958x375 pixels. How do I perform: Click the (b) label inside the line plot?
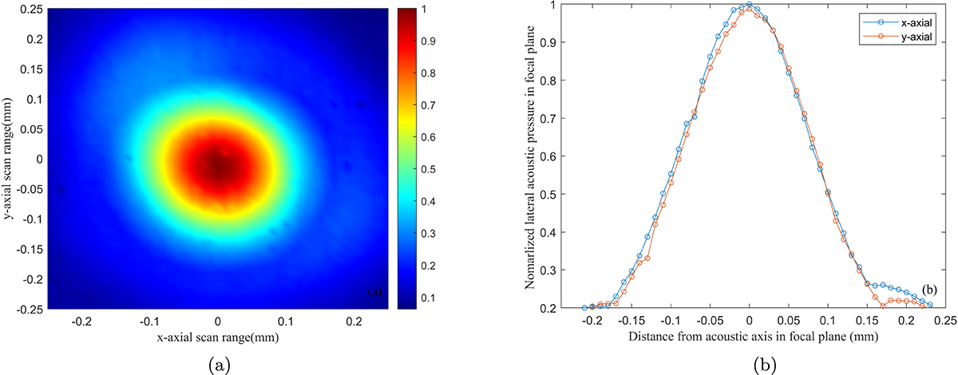tap(928, 288)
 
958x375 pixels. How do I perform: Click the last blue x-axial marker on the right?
tap(930, 304)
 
